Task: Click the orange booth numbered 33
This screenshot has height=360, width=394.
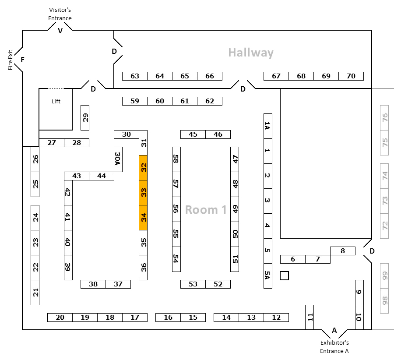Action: pyautogui.click(x=143, y=193)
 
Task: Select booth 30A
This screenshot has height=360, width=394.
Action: pyautogui.click(x=118, y=159)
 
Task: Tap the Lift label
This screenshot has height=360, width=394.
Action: pyautogui.click(x=56, y=101)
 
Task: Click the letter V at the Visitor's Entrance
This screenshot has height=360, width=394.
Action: pyautogui.click(x=60, y=31)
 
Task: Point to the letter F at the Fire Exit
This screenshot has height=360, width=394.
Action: pyautogui.click(x=23, y=60)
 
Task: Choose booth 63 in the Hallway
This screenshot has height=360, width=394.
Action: pyautogui.click(x=135, y=76)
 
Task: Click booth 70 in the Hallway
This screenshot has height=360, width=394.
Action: pyautogui.click(x=351, y=76)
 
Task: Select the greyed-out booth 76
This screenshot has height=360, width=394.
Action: pyautogui.click(x=384, y=118)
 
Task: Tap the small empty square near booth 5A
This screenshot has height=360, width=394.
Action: pyautogui.click(x=284, y=276)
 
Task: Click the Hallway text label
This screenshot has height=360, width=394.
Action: pyautogui.click(x=251, y=53)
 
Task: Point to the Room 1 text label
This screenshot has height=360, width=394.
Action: pyautogui.click(x=206, y=210)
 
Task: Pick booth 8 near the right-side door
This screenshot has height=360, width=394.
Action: pyautogui.click(x=343, y=251)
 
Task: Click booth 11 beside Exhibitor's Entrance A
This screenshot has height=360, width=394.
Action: pyautogui.click(x=310, y=317)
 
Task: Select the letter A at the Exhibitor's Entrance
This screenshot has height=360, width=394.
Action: pyautogui.click(x=334, y=330)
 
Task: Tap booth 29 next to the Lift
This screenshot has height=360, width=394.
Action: pyautogui.click(x=85, y=118)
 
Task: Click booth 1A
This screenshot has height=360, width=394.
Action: pyautogui.click(x=268, y=126)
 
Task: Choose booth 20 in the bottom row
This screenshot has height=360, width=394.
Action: pyautogui.click(x=60, y=318)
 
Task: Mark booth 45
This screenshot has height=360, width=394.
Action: pyautogui.click(x=193, y=134)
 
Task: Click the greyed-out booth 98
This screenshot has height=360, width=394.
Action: pyautogui.click(x=384, y=301)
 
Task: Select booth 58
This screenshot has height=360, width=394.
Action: pyautogui.click(x=176, y=159)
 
